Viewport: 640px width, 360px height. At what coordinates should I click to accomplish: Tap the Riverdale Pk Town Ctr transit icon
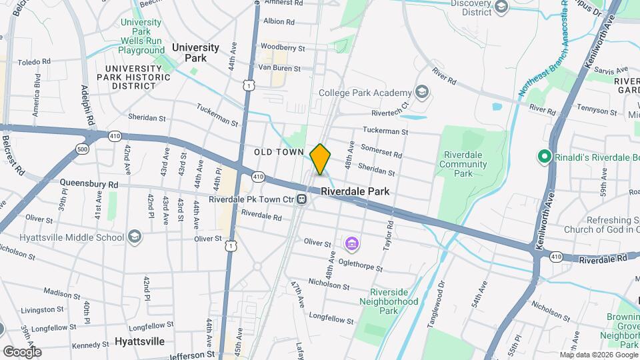coord(302,199)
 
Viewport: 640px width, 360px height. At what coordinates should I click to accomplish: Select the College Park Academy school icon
coord(421,91)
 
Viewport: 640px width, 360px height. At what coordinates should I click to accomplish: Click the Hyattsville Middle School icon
coord(135,237)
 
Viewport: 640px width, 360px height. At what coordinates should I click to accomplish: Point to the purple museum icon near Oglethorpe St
coord(351,244)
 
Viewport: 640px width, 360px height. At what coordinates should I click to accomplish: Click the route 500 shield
coord(82,148)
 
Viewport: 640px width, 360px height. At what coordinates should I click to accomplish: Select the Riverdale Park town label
coord(355,191)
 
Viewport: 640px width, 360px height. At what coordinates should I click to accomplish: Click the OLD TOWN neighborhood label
coord(279,153)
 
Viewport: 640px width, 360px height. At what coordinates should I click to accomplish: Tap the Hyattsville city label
coord(139,341)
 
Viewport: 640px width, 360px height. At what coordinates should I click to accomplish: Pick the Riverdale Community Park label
coord(463,164)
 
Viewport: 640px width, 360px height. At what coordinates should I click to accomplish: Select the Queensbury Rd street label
coord(89,183)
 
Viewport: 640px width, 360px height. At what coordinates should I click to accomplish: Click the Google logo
coord(22,351)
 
